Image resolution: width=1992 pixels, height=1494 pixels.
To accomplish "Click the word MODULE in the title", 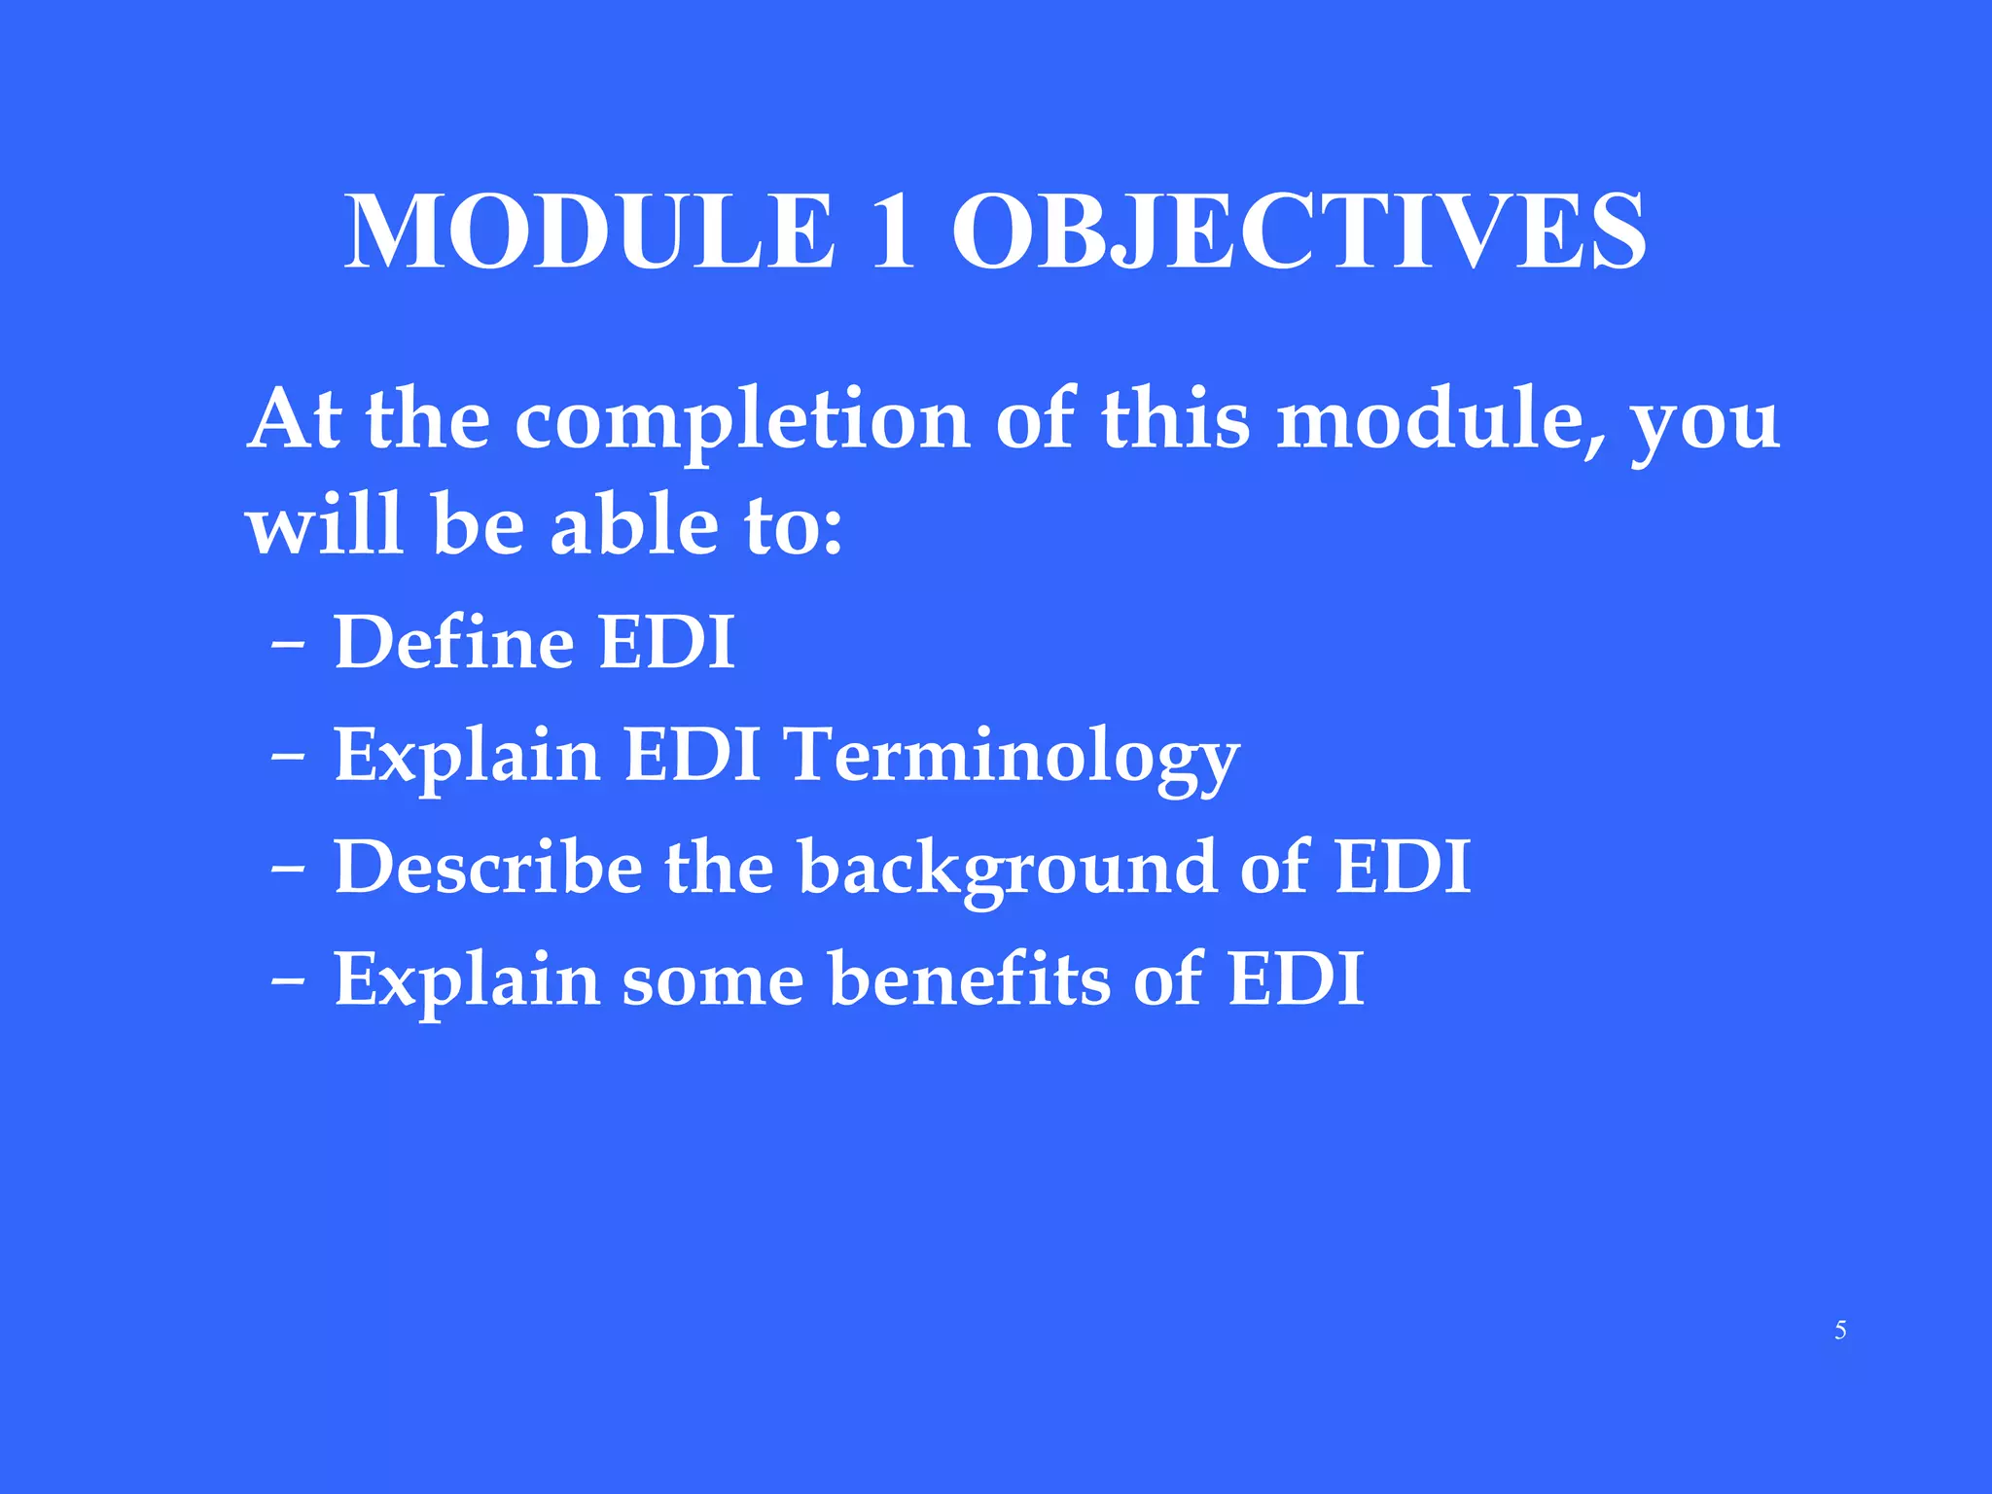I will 590,232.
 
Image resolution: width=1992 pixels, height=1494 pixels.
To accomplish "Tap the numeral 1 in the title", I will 893,232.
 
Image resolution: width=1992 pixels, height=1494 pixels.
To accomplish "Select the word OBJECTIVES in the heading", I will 1298,232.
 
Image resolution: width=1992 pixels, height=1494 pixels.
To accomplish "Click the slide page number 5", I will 1840,1331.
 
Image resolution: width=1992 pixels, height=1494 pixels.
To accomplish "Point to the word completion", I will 741,422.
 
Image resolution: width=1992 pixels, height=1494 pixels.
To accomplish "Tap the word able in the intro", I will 634,525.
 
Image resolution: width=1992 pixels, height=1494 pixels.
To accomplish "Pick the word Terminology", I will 1013,758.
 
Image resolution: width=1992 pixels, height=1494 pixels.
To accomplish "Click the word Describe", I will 487,867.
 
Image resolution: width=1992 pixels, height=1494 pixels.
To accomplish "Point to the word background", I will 1008,869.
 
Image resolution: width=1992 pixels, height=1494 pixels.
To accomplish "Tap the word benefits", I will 969,979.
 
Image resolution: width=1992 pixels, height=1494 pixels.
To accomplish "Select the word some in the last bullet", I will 713,980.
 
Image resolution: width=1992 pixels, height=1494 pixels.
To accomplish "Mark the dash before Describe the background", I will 288,869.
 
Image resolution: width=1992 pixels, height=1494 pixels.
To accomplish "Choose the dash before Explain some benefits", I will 288,980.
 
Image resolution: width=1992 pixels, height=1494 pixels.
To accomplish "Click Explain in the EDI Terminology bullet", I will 467,757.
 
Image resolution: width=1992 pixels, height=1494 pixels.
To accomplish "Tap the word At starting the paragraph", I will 295,420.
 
